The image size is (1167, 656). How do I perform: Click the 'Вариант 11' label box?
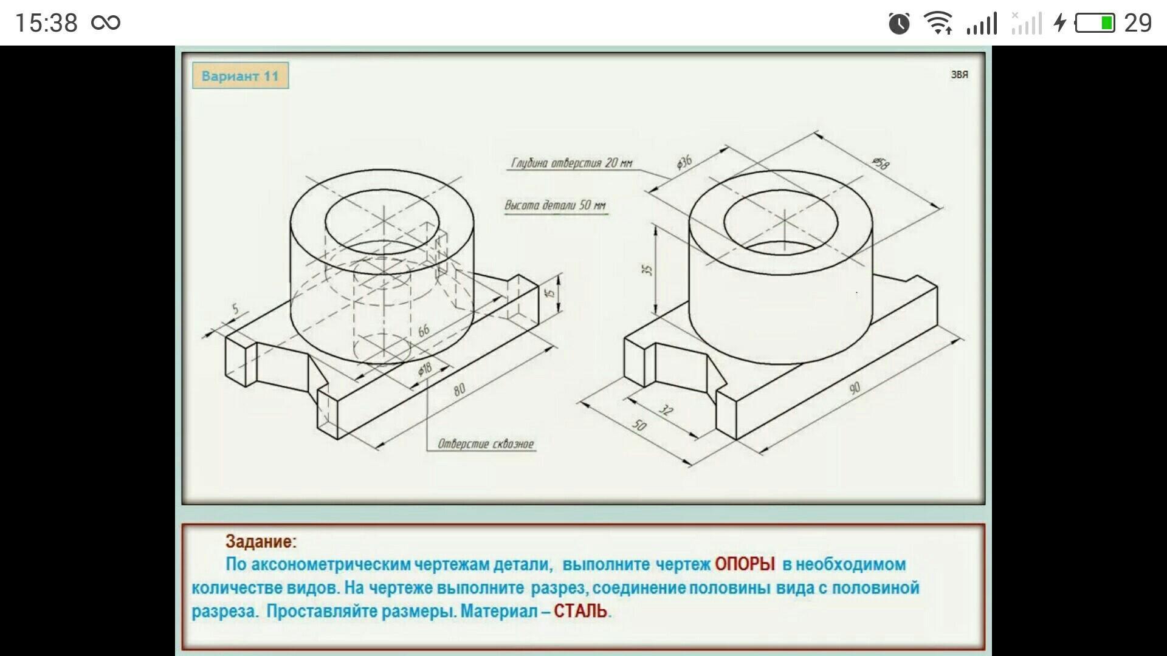(x=240, y=76)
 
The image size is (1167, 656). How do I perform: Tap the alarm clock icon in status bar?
(x=899, y=23)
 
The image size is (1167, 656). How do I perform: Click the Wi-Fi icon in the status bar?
(x=938, y=23)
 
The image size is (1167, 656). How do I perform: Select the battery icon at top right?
(x=1095, y=23)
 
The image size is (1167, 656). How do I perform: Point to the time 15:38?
(x=46, y=23)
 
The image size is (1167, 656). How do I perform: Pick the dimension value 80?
(x=460, y=389)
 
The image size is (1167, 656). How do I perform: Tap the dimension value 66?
(x=424, y=330)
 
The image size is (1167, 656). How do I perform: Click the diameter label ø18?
(x=424, y=369)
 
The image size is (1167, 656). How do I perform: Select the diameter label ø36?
(x=684, y=162)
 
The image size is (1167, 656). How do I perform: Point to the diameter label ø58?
(x=881, y=163)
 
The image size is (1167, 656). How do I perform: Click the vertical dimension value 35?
(x=648, y=269)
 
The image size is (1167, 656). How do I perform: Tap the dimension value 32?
(x=666, y=411)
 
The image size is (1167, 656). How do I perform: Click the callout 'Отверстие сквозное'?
(x=486, y=444)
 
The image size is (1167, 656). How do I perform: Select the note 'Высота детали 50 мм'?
(x=556, y=205)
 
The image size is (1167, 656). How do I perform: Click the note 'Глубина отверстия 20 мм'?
(x=571, y=163)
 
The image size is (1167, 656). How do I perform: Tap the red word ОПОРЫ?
(x=745, y=564)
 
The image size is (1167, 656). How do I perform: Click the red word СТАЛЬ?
(x=580, y=610)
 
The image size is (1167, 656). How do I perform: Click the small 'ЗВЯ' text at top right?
(x=960, y=75)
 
